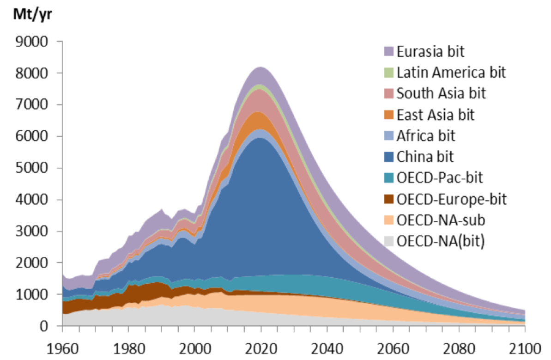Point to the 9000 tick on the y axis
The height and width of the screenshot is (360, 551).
[x=40, y=42]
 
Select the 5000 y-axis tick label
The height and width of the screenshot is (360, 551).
[x=40, y=168]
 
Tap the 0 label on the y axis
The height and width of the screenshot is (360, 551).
[x=52, y=326]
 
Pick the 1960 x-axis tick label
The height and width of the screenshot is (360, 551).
[x=62, y=347]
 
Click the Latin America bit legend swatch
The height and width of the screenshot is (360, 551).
[x=389, y=73]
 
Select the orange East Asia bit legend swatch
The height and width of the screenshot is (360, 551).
[x=389, y=115]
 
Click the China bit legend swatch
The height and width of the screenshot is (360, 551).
[x=389, y=157]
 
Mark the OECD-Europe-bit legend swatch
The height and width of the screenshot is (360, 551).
[x=389, y=200]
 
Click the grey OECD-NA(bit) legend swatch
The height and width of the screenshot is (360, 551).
[x=389, y=242]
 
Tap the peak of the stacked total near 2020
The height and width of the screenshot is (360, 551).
[x=260, y=67]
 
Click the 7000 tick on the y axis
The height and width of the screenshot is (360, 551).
[x=40, y=105]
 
